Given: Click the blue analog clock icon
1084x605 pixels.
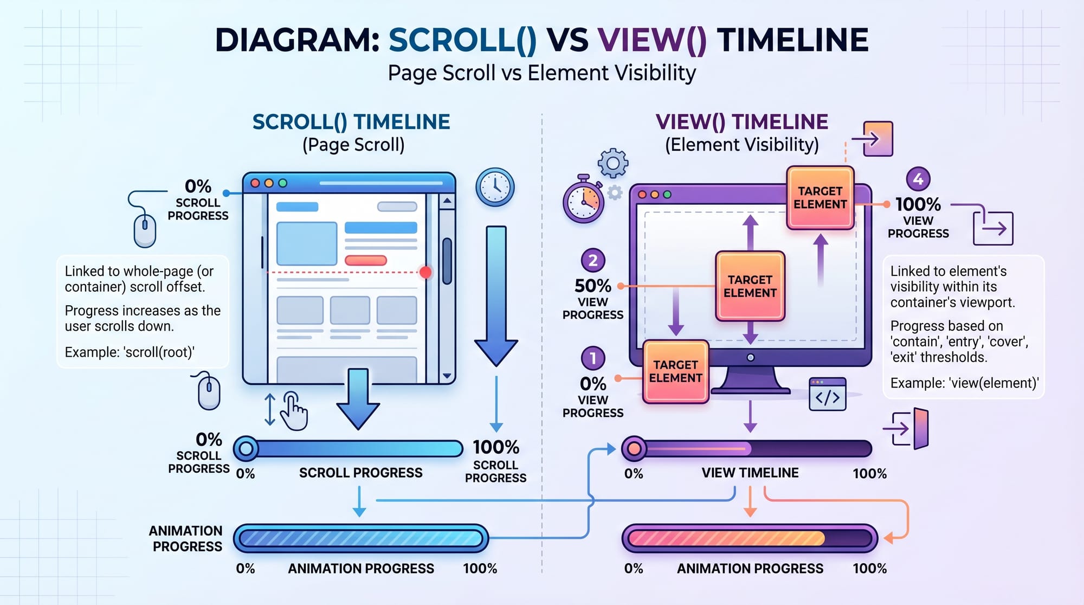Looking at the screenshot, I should [x=494, y=187].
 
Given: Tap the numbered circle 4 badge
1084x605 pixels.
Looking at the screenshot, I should [x=918, y=178].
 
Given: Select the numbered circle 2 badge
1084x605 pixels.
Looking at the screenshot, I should [x=592, y=260].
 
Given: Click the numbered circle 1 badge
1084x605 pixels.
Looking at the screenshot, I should [x=592, y=358].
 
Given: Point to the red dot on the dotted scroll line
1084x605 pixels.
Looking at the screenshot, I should [x=425, y=272].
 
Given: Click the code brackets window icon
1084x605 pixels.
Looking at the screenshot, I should [x=827, y=395].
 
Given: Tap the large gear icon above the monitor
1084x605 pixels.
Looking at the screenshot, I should [x=612, y=163].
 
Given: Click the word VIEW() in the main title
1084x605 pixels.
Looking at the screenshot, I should [x=652, y=40].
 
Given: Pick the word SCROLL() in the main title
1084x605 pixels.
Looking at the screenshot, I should [x=462, y=40].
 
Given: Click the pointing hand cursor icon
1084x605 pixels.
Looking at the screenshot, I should [x=294, y=410].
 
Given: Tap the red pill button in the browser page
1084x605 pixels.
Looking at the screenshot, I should [x=365, y=260].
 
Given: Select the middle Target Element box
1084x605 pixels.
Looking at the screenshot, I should [x=750, y=286].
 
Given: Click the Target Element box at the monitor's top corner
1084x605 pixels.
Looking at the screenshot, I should [x=820, y=197].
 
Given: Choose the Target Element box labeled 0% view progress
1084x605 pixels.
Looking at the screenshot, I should [x=675, y=371].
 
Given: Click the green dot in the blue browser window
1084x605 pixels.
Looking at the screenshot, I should [x=282, y=183].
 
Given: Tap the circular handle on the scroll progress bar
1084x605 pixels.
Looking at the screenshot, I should [x=246, y=448].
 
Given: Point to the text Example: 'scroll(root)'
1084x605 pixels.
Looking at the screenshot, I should [x=130, y=352].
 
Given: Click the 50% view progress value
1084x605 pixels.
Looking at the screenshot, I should [x=592, y=286].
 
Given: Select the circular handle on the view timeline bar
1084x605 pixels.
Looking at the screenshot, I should [x=634, y=448].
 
